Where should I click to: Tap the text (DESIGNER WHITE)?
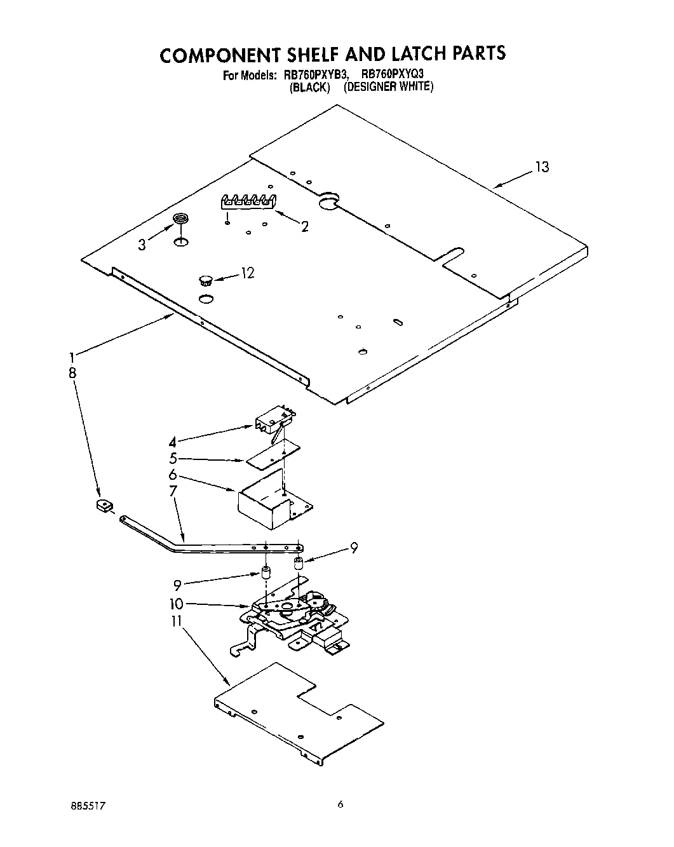click(x=388, y=87)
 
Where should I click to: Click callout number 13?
click(x=541, y=167)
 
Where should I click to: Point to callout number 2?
click(x=305, y=227)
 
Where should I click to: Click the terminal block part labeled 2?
click(x=246, y=201)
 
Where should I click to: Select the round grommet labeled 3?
click(x=182, y=219)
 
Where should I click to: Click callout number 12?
click(x=247, y=273)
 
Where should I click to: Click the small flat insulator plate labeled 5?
click(x=273, y=455)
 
